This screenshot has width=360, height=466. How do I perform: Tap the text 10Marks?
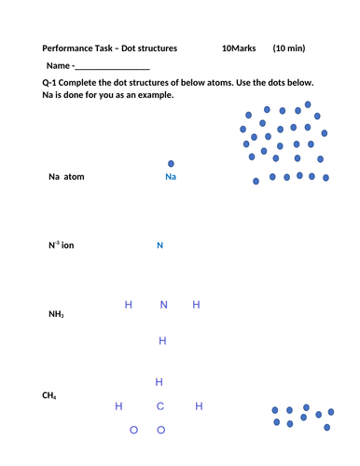pyautogui.click(x=239, y=48)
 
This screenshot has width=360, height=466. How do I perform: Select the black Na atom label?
pyautogui.click(x=66, y=176)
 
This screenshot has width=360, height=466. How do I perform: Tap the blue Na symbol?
pyautogui.click(x=170, y=176)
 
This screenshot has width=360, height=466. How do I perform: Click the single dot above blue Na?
pyautogui.click(x=170, y=163)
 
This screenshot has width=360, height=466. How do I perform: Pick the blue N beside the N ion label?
pyautogui.click(x=159, y=246)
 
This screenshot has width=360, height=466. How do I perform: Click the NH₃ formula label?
pyautogui.click(x=56, y=314)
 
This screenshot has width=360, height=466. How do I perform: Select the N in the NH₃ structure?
pyautogui.click(x=163, y=305)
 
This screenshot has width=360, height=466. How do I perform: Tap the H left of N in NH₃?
pyautogui.click(x=128, y=305)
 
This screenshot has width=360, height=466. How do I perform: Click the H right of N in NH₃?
pyautogui.click(x=196, y=305)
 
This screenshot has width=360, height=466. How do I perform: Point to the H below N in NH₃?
pyautogui.click(x=162, y=341)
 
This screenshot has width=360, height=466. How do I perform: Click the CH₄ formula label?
pyautogui.click(x=50, y=396)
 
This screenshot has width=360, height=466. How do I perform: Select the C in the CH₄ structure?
pyautogui.click(x=159, y=406)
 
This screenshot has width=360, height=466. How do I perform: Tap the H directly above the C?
pyautogui.click(x=159, y=382)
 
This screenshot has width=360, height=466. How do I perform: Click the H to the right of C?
pyautogui.click(x=199, y=406)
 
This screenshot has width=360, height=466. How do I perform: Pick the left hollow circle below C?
pyautogui.click(x=134, y=430)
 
